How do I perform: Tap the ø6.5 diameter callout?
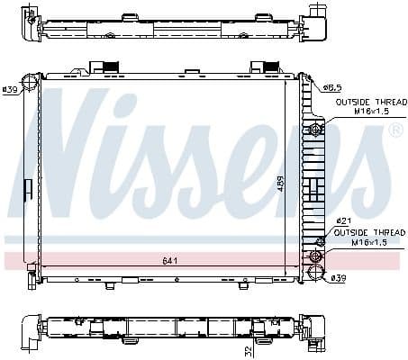(332, 87)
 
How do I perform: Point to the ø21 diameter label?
(342, 220)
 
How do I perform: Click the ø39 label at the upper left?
(11, 89)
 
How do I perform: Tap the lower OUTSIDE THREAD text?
(365, 231)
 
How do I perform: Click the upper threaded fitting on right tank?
(314, 130)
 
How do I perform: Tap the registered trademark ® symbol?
(394, 131)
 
